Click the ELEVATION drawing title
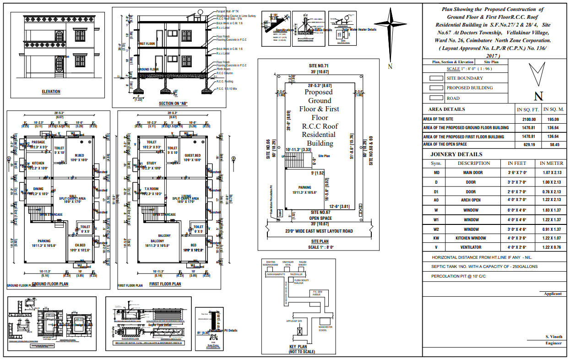(x=51, y=92)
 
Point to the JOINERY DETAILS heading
(x=456, y=154)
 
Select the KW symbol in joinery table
(x=436, y=238)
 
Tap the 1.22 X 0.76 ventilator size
(x=551, y=247)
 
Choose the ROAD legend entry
(x=453, y=98)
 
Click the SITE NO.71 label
(x=319, y=66)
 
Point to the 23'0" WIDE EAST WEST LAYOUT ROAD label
(x=319, y=231)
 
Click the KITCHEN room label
(x=38, y=163)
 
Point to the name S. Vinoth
(x=553, y=337)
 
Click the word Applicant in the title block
(x=553, y=294)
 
